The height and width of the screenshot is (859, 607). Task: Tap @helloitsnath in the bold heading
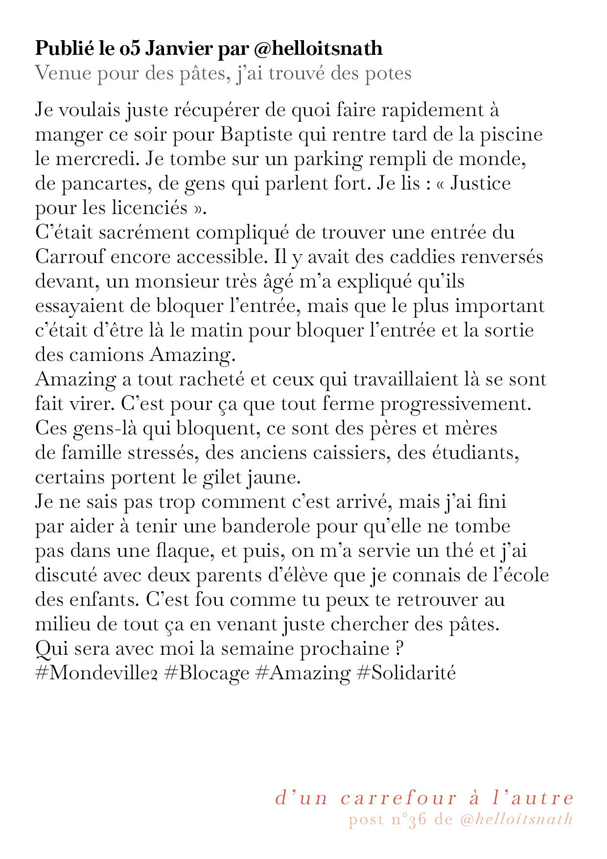click(x=318, y=49)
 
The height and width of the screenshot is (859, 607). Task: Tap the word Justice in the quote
click(x=480, y=184)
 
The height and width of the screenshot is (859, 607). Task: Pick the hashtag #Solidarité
click(x=407, y=673)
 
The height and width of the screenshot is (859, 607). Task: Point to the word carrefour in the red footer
click(x=399, y=798)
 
